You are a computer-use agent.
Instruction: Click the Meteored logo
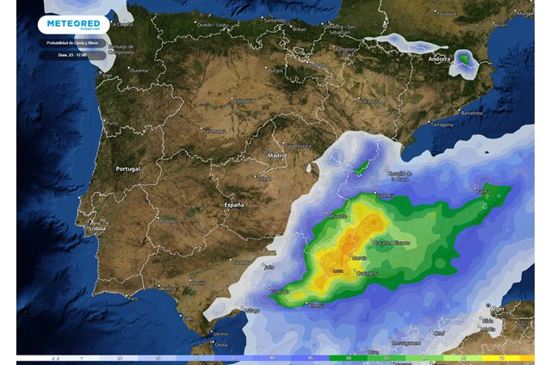click(x=73, y=25)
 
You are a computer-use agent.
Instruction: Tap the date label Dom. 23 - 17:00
click(x=72, y=54)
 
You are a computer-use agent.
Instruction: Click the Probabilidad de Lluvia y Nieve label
click(x=72, y=42)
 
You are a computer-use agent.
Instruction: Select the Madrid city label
click(x=276, y=156)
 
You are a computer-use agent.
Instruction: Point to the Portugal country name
click(x=127, y=169)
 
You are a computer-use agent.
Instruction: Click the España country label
click(x=234, y=206)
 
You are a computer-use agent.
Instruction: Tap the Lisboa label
click(x=96, y=230)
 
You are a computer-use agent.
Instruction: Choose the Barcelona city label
click(x=472, y=112)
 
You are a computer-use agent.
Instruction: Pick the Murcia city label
click(x=360, y=257)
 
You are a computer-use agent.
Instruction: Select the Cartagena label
click(x=367, y=273)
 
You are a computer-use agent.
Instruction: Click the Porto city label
click(x=112, y=123)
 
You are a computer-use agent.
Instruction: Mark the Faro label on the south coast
click(x=131, y=298)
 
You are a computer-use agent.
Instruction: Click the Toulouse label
click(x=447, y=14)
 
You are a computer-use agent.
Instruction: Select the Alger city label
click(x=497, y=307)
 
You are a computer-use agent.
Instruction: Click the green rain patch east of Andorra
click(x=466, y=59)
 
